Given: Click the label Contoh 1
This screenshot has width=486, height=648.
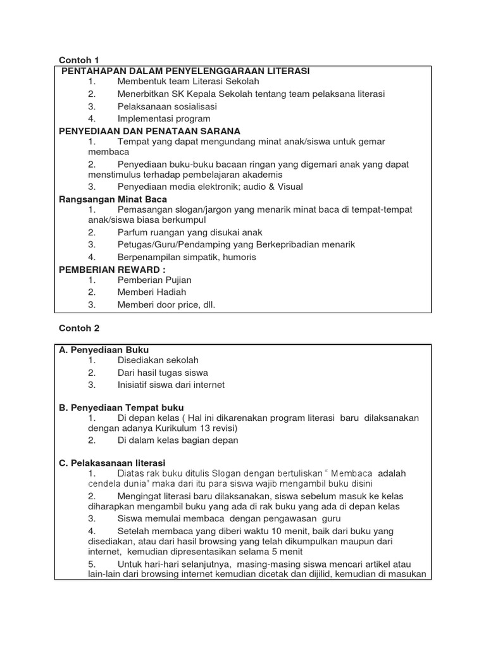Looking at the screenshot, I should tap(79, 60).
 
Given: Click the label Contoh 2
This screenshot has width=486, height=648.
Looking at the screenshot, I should tap(79, 328).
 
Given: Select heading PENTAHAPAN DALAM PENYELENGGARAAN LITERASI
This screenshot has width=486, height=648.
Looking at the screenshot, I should tap(185, 71).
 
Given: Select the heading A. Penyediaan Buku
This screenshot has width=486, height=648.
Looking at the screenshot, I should tap(104, 349).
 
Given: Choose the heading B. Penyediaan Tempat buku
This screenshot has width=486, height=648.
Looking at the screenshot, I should tap(121, 407).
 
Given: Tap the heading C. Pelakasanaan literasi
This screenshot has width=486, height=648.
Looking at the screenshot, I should tap(112, 463).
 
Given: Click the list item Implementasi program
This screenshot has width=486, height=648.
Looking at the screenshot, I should tap(164, 118).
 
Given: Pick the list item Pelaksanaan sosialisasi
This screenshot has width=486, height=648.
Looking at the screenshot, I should tap(167, 106).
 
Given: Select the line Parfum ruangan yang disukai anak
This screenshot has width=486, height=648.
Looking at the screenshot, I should tap(189, 232).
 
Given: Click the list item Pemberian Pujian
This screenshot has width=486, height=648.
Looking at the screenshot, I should tap(154, 280).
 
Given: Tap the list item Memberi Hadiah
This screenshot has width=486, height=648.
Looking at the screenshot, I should tap(152, 292).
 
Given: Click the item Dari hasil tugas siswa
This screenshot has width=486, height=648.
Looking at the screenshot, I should tap(163, 373).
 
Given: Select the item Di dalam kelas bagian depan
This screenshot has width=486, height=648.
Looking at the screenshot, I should tap(178, 440).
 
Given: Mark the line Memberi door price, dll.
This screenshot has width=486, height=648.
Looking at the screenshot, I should tap(166, 304).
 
